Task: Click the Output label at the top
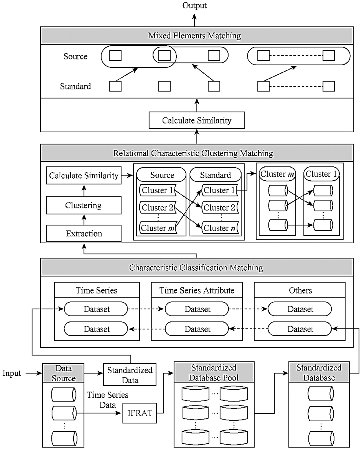point(194,5)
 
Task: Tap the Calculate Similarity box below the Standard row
point(197,120)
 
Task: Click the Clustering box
point(83,205)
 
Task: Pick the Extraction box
point(83,234)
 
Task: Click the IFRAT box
point(140,413)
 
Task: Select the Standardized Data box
point(130,375)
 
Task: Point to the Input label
point(12,373)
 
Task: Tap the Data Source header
point(63,373)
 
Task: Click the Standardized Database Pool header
point(214,373)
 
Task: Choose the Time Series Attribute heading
point(197,290)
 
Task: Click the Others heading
point(300,290)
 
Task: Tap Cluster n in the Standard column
point(220,228)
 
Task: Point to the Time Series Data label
point(107,400)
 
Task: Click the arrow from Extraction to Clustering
point(84,220)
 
